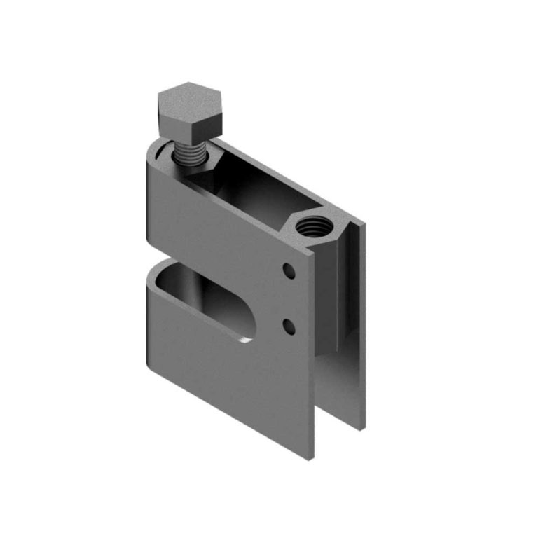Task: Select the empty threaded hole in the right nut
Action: click(308, 227)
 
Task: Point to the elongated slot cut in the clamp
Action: click(203, 298)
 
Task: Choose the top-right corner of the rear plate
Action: click(364, 226)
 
